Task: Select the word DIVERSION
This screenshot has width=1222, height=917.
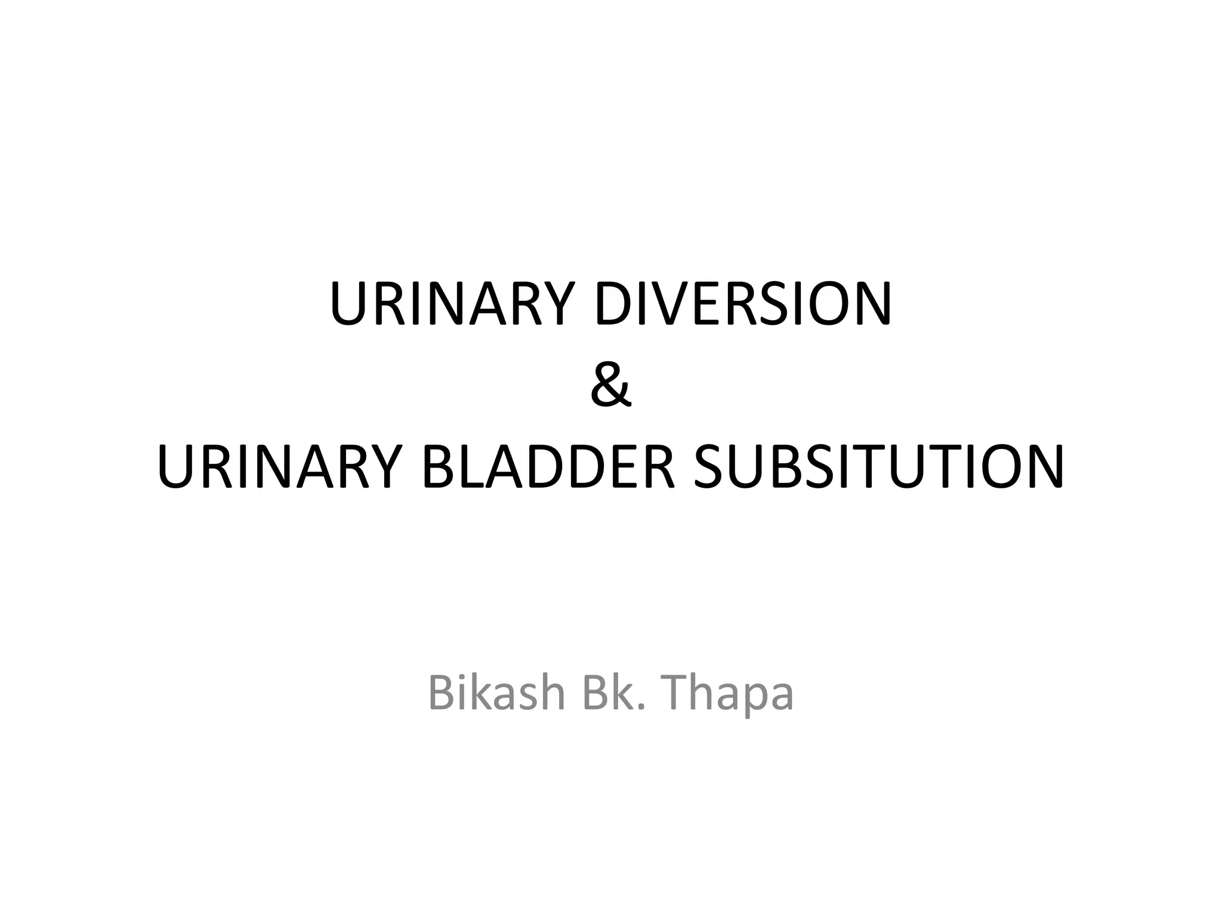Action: pos(743,304)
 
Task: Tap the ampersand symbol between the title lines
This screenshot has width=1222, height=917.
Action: pos(610,385)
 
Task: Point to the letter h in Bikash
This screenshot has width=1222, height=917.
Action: pos(551,693)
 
